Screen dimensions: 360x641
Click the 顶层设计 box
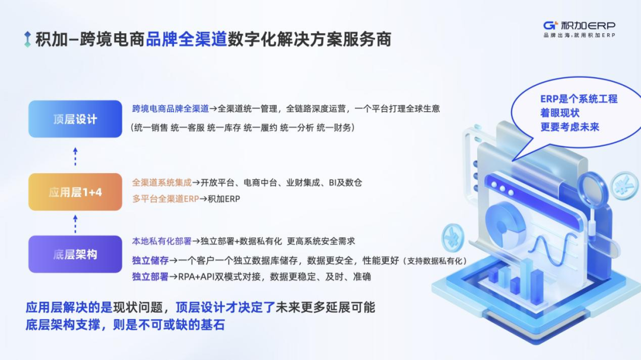click(75, 119)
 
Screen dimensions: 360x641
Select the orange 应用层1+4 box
click(75, 192)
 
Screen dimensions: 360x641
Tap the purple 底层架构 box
click(75, 254)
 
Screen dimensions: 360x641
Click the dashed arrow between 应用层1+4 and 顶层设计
click(75, 155)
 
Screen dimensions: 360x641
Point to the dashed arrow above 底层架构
click(75, 224)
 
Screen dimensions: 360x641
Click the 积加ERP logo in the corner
click(579, 26)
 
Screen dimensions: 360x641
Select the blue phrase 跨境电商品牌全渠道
click(170, 109)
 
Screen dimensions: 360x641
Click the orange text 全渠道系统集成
click(166, 183)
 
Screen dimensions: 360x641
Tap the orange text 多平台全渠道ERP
click(166, 199)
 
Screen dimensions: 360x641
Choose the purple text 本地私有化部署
click(161, 241)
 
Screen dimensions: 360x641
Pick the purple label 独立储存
click(150, 260)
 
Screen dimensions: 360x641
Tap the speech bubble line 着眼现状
click(560, 113)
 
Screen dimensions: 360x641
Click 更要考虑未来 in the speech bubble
click(570, 126)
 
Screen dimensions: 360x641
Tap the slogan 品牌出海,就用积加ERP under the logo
click(579, 36)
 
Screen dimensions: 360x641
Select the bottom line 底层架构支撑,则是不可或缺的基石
click(125, 325)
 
